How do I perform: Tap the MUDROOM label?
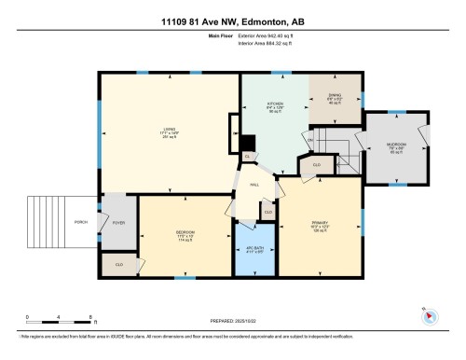click(x=396, y=146)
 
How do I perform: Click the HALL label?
click(x=253, y=184)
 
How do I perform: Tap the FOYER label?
click(x=118, y=223)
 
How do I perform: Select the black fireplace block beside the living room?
click(x=248, y=143)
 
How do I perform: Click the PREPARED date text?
click(x=232, y=323)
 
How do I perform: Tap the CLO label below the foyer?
click(x=119, y=265)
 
